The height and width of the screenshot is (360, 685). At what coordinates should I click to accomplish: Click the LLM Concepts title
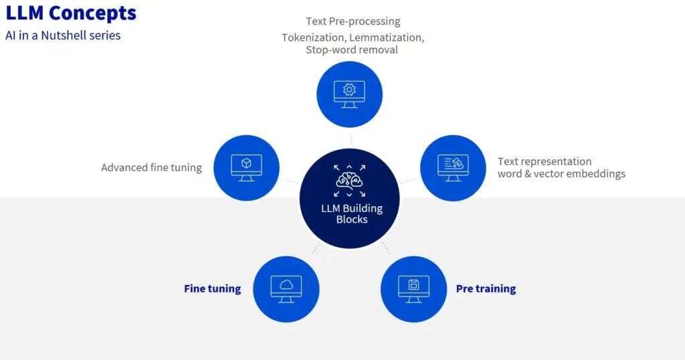71,13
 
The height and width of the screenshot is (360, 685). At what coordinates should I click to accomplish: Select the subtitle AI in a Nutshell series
63,35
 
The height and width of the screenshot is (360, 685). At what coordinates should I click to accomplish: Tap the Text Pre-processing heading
353,21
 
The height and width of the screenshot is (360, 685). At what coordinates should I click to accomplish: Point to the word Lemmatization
387,37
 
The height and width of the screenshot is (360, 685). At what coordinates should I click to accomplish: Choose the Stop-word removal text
352,50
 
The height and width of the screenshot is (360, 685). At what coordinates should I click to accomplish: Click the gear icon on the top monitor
349,89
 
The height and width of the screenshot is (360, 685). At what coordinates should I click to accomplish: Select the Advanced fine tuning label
151,168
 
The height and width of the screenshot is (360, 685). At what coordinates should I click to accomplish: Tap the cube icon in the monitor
246,163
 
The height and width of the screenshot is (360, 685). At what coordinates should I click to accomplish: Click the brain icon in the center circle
349,180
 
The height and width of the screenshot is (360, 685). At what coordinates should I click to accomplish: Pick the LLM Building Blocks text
352,213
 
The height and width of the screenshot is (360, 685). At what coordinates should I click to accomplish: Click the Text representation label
545,162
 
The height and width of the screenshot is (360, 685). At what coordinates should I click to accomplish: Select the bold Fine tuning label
212,289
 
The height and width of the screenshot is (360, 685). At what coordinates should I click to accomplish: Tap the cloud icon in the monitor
286,285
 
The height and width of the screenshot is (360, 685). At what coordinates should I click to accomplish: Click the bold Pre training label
486,289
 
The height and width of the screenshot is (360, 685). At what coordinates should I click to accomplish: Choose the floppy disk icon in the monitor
413,285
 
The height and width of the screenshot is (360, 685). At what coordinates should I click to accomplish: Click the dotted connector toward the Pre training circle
386,248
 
